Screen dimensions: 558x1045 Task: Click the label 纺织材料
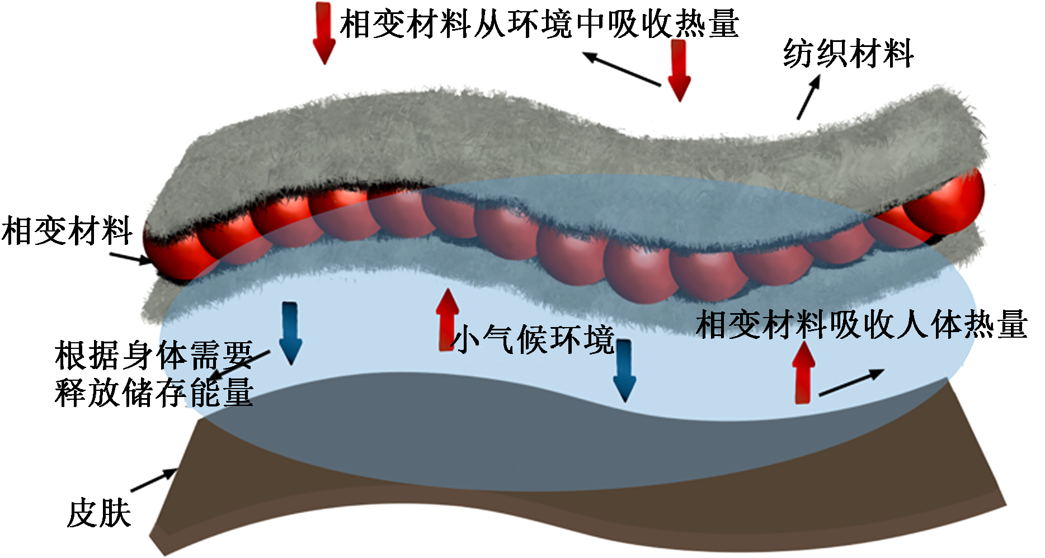848,54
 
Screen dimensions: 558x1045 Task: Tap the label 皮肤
99,514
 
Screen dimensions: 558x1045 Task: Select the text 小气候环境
532,339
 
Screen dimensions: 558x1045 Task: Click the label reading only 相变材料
67,231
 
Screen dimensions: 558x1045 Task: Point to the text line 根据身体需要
154,356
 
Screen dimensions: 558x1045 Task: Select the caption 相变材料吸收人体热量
862,324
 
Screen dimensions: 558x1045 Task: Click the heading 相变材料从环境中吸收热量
539,23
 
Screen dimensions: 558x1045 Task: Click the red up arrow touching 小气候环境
447,319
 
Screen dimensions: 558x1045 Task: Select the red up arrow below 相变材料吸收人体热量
803,372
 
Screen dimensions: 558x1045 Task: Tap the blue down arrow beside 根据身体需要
290,333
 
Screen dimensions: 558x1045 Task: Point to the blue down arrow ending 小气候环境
624,371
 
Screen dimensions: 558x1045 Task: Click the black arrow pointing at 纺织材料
808,97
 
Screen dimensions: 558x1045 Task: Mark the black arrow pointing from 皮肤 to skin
154,480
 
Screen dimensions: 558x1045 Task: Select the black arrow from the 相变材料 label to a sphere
130,258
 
